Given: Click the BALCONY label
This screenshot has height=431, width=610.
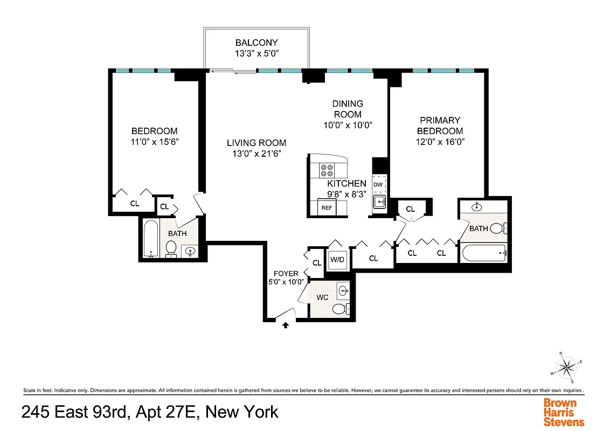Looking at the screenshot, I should pos(257,43).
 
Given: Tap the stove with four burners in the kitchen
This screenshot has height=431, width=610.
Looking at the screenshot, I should pos(327,170).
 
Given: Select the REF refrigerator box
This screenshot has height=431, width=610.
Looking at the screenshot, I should pos(327,207).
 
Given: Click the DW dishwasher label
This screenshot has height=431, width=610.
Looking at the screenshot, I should pos(378,185).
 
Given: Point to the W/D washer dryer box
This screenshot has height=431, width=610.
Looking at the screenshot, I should pos(337,260).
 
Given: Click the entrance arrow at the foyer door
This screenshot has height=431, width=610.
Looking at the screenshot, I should pos(286,324).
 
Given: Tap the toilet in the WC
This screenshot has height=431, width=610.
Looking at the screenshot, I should pos(339,309).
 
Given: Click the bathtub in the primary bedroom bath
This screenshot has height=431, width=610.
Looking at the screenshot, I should pos(483,251).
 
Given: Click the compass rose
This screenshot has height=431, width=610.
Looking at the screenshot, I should pos(566,367).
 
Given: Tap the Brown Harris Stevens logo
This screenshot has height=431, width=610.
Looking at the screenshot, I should pos(563,412).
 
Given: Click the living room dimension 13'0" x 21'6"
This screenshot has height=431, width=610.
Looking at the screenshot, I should pos(256,154).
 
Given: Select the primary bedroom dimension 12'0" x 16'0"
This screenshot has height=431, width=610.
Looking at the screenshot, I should pos(440,142).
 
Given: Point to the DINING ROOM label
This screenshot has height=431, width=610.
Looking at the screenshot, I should pos(348,108).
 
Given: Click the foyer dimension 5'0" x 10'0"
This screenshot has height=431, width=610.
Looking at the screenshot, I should pos(286,281).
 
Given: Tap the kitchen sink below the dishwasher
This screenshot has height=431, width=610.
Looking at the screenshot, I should pos(379,203).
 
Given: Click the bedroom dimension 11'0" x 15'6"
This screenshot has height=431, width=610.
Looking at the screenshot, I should pos(155,142).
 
